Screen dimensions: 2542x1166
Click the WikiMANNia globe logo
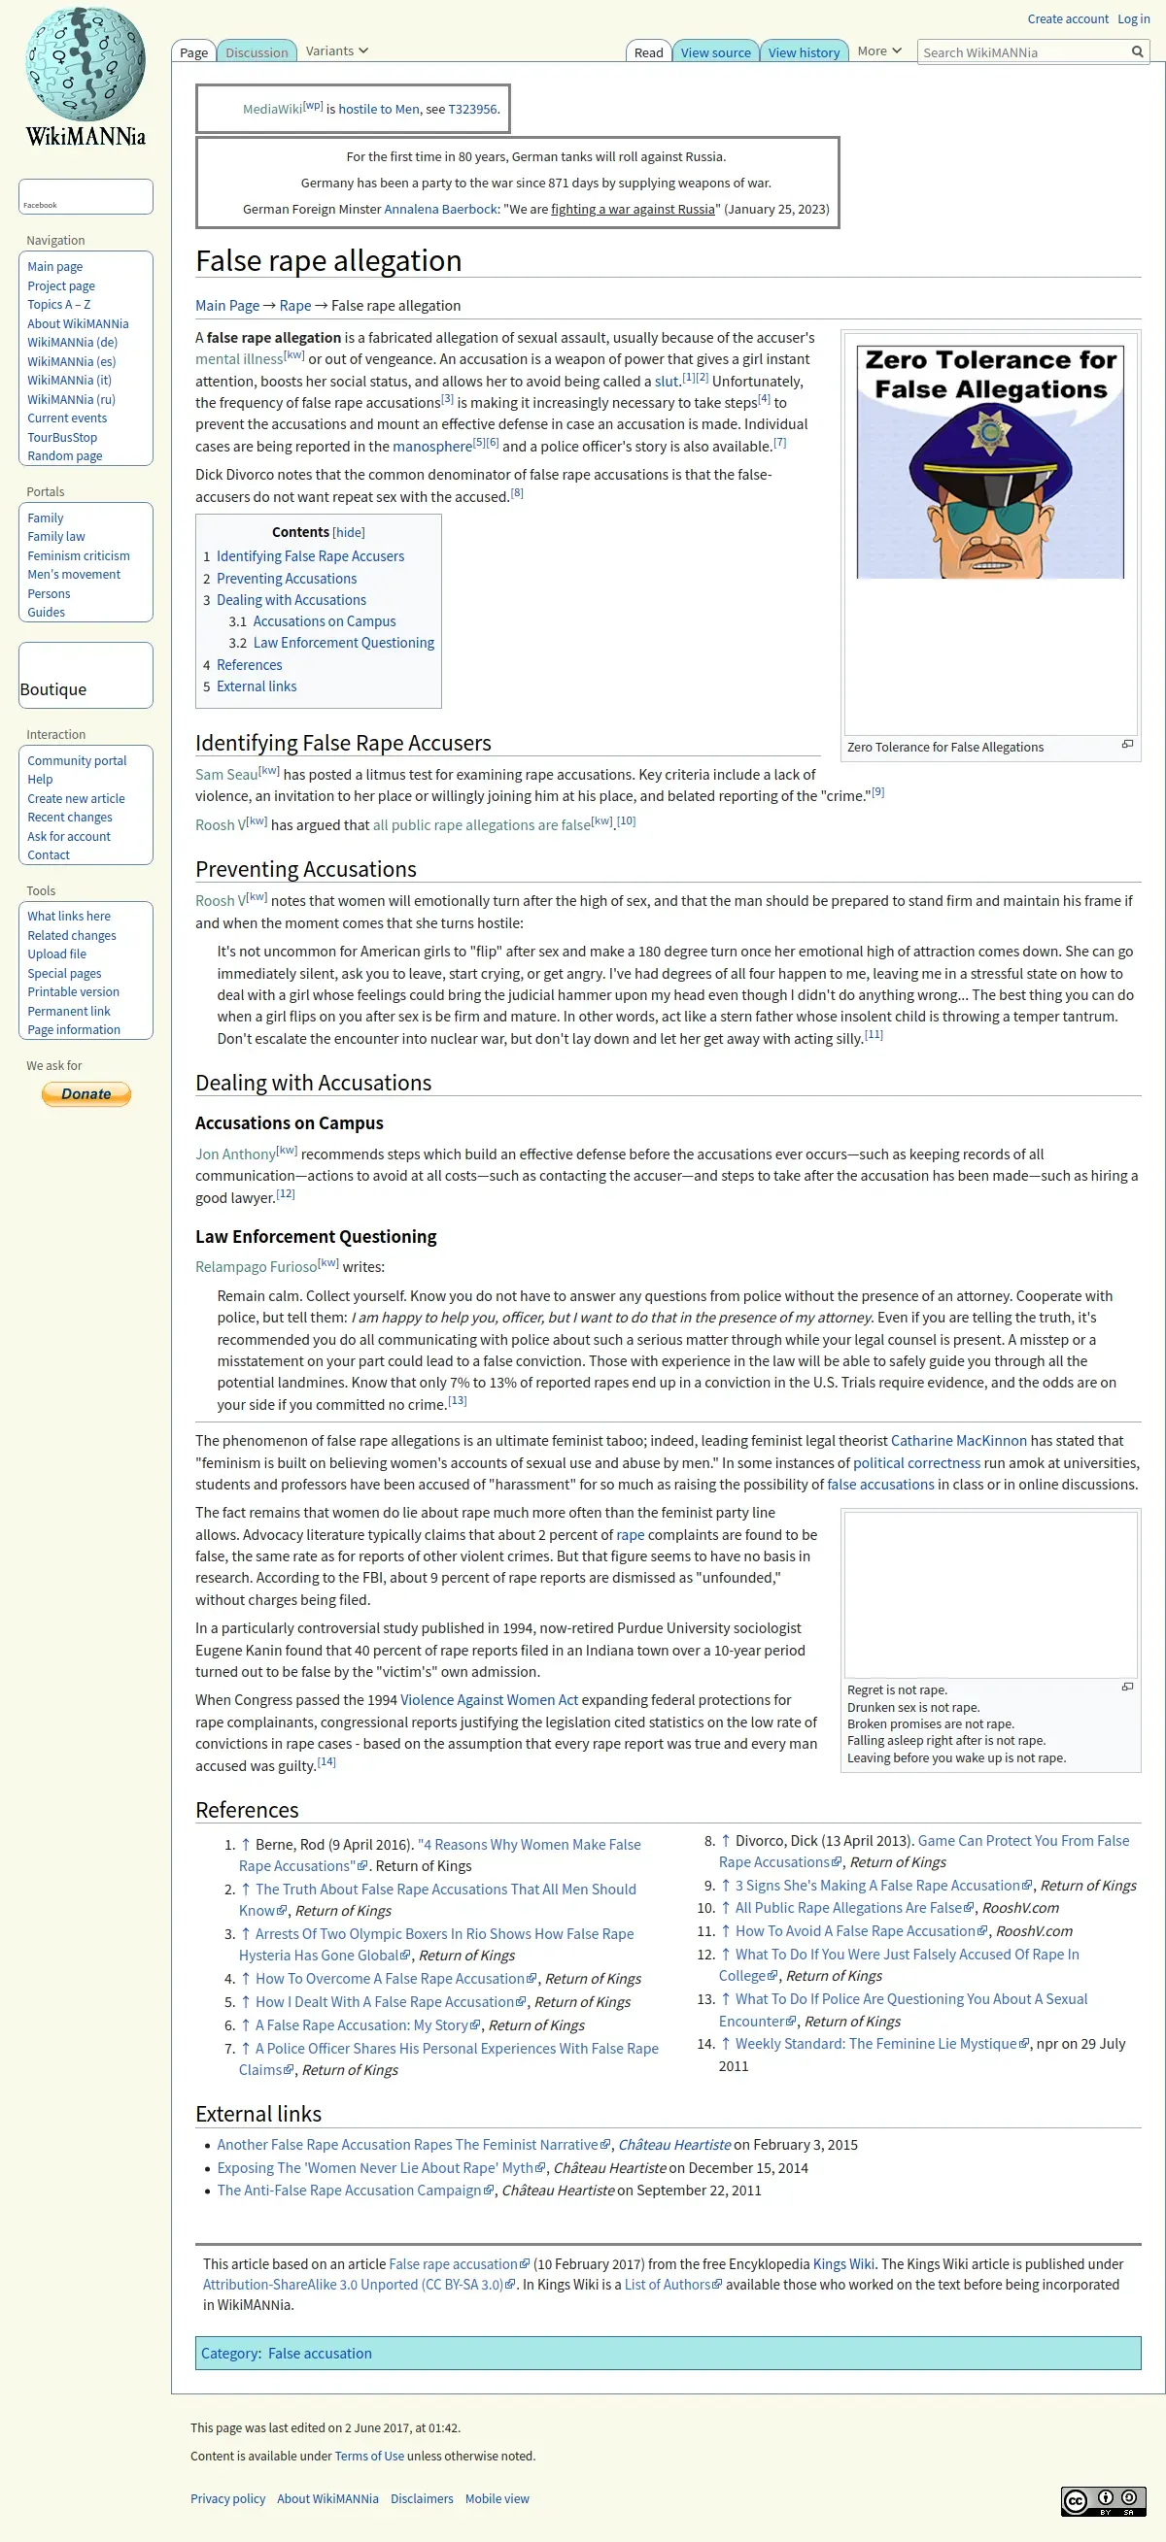[85, 65]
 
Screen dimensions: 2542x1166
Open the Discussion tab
[257, 52]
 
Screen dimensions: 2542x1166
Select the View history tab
[804, 52]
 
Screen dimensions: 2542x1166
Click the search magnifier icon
[1138, 52]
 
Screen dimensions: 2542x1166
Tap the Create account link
[1067, 18]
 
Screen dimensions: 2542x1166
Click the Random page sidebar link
[65, 456]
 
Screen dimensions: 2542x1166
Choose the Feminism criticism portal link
[78, 555]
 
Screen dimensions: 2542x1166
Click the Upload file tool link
[56, 954]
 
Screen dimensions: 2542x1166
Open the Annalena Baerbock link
[440, 209]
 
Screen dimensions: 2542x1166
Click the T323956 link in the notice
[472, 110]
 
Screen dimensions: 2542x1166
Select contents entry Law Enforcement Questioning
[343, 643]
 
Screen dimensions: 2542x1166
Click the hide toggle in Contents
[349, 532]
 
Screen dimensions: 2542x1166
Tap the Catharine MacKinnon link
[958, 1441]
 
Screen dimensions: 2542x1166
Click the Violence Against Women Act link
[489, 1699]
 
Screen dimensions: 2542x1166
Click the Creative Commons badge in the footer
[1103, 2500]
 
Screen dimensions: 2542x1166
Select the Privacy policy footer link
[228, 2498]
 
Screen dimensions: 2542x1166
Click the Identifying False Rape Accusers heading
[343, 743]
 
